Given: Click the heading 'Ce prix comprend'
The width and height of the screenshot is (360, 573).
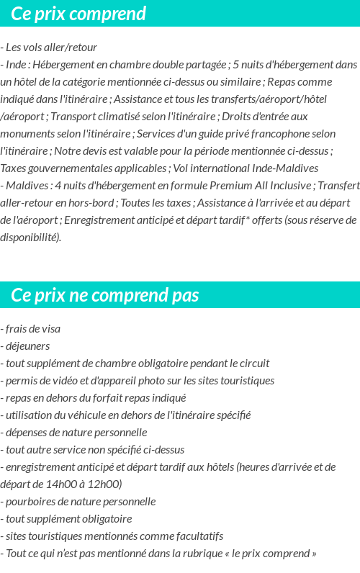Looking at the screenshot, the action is click(x=78, y=14).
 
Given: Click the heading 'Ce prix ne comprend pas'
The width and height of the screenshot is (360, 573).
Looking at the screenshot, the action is click(x=105, y=295).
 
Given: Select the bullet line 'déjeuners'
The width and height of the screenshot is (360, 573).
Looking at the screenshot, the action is click(x=27, y=346).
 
